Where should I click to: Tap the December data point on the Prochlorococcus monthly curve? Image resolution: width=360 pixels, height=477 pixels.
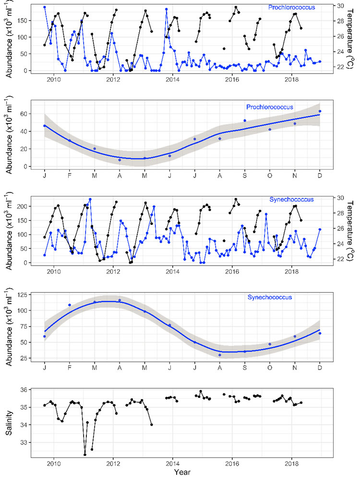(320, 111)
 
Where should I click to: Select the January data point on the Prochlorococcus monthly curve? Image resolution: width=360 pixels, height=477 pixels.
(45, 126)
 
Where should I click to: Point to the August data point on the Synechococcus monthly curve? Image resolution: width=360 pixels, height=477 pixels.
(219, 355)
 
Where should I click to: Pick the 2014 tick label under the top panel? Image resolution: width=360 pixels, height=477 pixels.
(172, 79)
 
